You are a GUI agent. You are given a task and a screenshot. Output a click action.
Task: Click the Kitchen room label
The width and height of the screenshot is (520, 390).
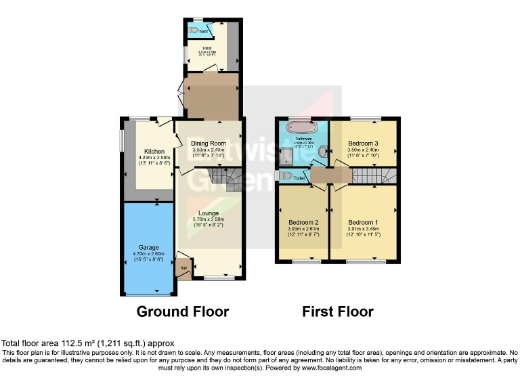(154, 150)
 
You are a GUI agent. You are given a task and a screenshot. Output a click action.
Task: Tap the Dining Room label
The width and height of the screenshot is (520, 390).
(208, 143)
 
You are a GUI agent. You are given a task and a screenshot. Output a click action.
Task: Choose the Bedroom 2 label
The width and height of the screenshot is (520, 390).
(303, 222)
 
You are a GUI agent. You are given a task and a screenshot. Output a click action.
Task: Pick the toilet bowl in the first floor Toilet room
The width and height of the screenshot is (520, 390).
(287, 176)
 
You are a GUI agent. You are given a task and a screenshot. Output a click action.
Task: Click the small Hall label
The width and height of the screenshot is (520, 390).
(183, 268)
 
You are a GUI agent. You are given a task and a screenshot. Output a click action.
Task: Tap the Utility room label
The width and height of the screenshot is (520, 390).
(207, 48)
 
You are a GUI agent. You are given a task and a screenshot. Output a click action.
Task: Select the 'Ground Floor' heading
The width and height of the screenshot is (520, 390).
(182, 312)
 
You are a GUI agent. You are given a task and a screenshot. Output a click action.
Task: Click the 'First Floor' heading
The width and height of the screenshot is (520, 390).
(338, 312)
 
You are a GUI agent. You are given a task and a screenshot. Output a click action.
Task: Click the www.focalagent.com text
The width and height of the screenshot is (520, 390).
(331, 368)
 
